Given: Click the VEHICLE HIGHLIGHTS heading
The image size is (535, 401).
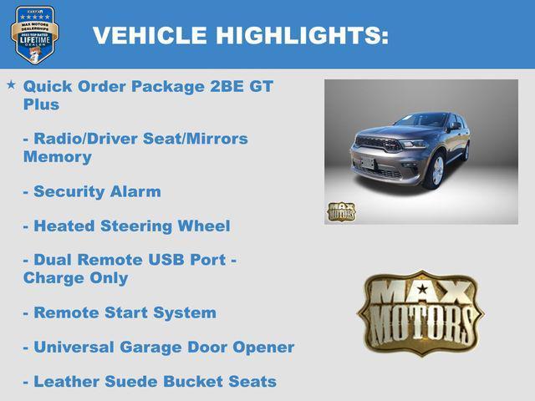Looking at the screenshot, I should coord(240,35).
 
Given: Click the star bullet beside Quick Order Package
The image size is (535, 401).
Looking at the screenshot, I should coord(11,84).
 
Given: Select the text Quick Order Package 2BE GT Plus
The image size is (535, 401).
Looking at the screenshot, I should coord(147,94).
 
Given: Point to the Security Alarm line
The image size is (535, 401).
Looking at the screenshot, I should coord(92,191).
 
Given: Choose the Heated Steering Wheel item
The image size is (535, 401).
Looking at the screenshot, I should coord(126,226).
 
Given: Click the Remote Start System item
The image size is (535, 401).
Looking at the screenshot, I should coord(120,313).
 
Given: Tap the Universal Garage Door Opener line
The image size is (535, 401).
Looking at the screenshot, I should coord(159,348).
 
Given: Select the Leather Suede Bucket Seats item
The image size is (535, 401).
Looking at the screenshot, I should coord(150,382).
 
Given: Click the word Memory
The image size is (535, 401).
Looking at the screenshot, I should coord(57,157).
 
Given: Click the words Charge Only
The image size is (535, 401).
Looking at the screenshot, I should coord(75,278).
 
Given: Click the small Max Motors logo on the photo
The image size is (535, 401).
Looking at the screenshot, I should coord(341,211).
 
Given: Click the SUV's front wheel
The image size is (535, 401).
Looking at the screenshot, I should coord(436,170).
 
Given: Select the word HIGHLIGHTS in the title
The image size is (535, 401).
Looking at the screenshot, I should coord(302,35).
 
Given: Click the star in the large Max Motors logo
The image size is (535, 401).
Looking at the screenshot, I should coord(422,291).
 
